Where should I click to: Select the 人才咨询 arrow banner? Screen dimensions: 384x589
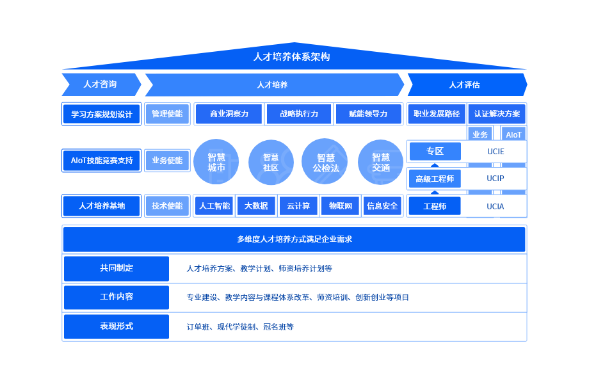[x=101, y=84]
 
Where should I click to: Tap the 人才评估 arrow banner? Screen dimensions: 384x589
[x=465, y=84]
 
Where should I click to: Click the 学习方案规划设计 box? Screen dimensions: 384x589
[x=102, y=115]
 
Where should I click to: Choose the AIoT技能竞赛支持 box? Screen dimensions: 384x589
[x=102, y=161]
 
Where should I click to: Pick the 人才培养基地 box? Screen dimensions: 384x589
[x=102, y=206]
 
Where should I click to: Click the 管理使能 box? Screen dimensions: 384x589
[x=167, y=115]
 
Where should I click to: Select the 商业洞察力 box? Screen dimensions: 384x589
[x=229, y=115]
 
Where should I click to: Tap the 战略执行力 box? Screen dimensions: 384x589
[x=299, y=115]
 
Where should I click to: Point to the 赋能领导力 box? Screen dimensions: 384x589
[x=368, y=115]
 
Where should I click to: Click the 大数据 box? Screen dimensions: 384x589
[x=257, y=206]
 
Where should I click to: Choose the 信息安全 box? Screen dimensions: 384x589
[x=382, y=206]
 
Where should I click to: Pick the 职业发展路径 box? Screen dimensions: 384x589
[x=437, y=115]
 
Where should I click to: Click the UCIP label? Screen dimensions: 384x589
[x=496, y=179]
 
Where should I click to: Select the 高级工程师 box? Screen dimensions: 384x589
[x=435, y=179]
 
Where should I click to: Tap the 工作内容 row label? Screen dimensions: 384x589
[x=117, y=298]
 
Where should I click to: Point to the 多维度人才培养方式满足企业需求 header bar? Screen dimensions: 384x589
[x=294, y=239]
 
